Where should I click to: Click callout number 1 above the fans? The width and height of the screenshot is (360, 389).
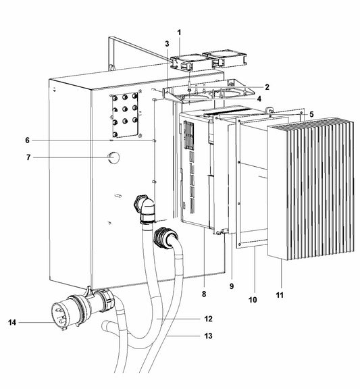tap(179, 32)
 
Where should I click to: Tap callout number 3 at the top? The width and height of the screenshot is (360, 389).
tap(166, 45)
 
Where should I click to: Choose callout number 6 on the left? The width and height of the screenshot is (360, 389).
tap(27, 140)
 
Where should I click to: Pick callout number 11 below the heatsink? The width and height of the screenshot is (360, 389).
tap(280, 296)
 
